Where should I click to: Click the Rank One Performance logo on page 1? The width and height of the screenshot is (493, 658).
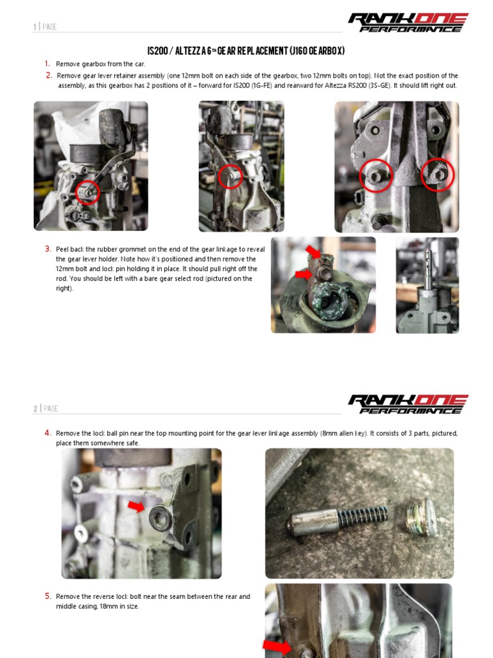tap(408, 22)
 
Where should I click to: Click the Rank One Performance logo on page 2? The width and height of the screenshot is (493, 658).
tap(408, 404)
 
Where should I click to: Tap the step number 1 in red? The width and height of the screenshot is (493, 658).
tap(48, 64)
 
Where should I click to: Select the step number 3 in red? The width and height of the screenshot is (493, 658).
tap(48, 249)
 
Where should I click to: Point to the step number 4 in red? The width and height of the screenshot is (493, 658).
tap(48, 433)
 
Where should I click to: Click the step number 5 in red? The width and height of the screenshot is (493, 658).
tap(48, 596)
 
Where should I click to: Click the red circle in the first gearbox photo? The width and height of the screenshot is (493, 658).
tap(87, 191)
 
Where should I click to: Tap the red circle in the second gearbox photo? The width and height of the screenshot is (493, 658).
tap(230, 177)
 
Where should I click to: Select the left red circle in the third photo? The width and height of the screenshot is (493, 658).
tap(376, 175)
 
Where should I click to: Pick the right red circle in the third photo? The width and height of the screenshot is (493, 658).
tap(438, 175)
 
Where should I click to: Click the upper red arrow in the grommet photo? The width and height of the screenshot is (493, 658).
tap(313, 251)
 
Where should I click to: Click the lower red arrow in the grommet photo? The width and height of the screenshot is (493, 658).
tap(304, 274)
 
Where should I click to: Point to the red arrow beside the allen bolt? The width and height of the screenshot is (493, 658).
tap(136, 508)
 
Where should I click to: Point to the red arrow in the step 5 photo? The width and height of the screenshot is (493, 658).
tap(277, 646)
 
